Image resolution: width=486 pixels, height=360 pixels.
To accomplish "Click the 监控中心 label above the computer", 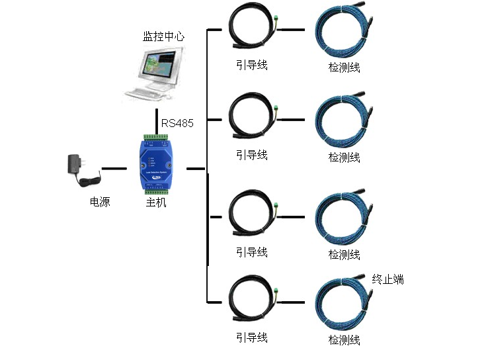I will tap(163, 36).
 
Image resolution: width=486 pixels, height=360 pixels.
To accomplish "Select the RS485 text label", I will tap(177, 123).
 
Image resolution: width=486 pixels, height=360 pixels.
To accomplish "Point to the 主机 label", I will tap(155, 202).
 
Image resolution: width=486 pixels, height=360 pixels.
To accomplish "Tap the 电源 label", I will tap(100, 202).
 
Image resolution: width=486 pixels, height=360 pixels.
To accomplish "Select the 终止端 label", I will tap(387, 279).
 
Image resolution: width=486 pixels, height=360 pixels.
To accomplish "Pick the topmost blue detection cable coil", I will tap(343, 33).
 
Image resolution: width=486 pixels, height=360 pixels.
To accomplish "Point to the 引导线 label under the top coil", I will tap(252, 65).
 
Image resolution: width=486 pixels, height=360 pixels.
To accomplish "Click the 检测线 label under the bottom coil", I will tap(344, 340).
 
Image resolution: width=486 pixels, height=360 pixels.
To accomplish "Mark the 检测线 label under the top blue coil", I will tap(344, 67).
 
